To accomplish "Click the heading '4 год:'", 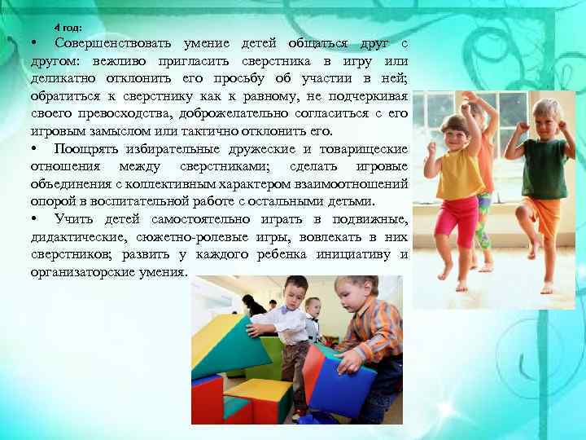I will pyautogui.click(x=68, y=28).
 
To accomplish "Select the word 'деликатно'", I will pyautogui.click(x=66, y=78).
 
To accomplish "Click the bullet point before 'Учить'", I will pyautogui.click(x=35, y=220).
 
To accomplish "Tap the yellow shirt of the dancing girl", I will pyautogui.click(x=459, y=173).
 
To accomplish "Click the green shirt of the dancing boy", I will pyautogui.click(x=545, y=168).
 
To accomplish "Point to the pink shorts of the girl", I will pyautogui.click(x=457, y=220).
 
